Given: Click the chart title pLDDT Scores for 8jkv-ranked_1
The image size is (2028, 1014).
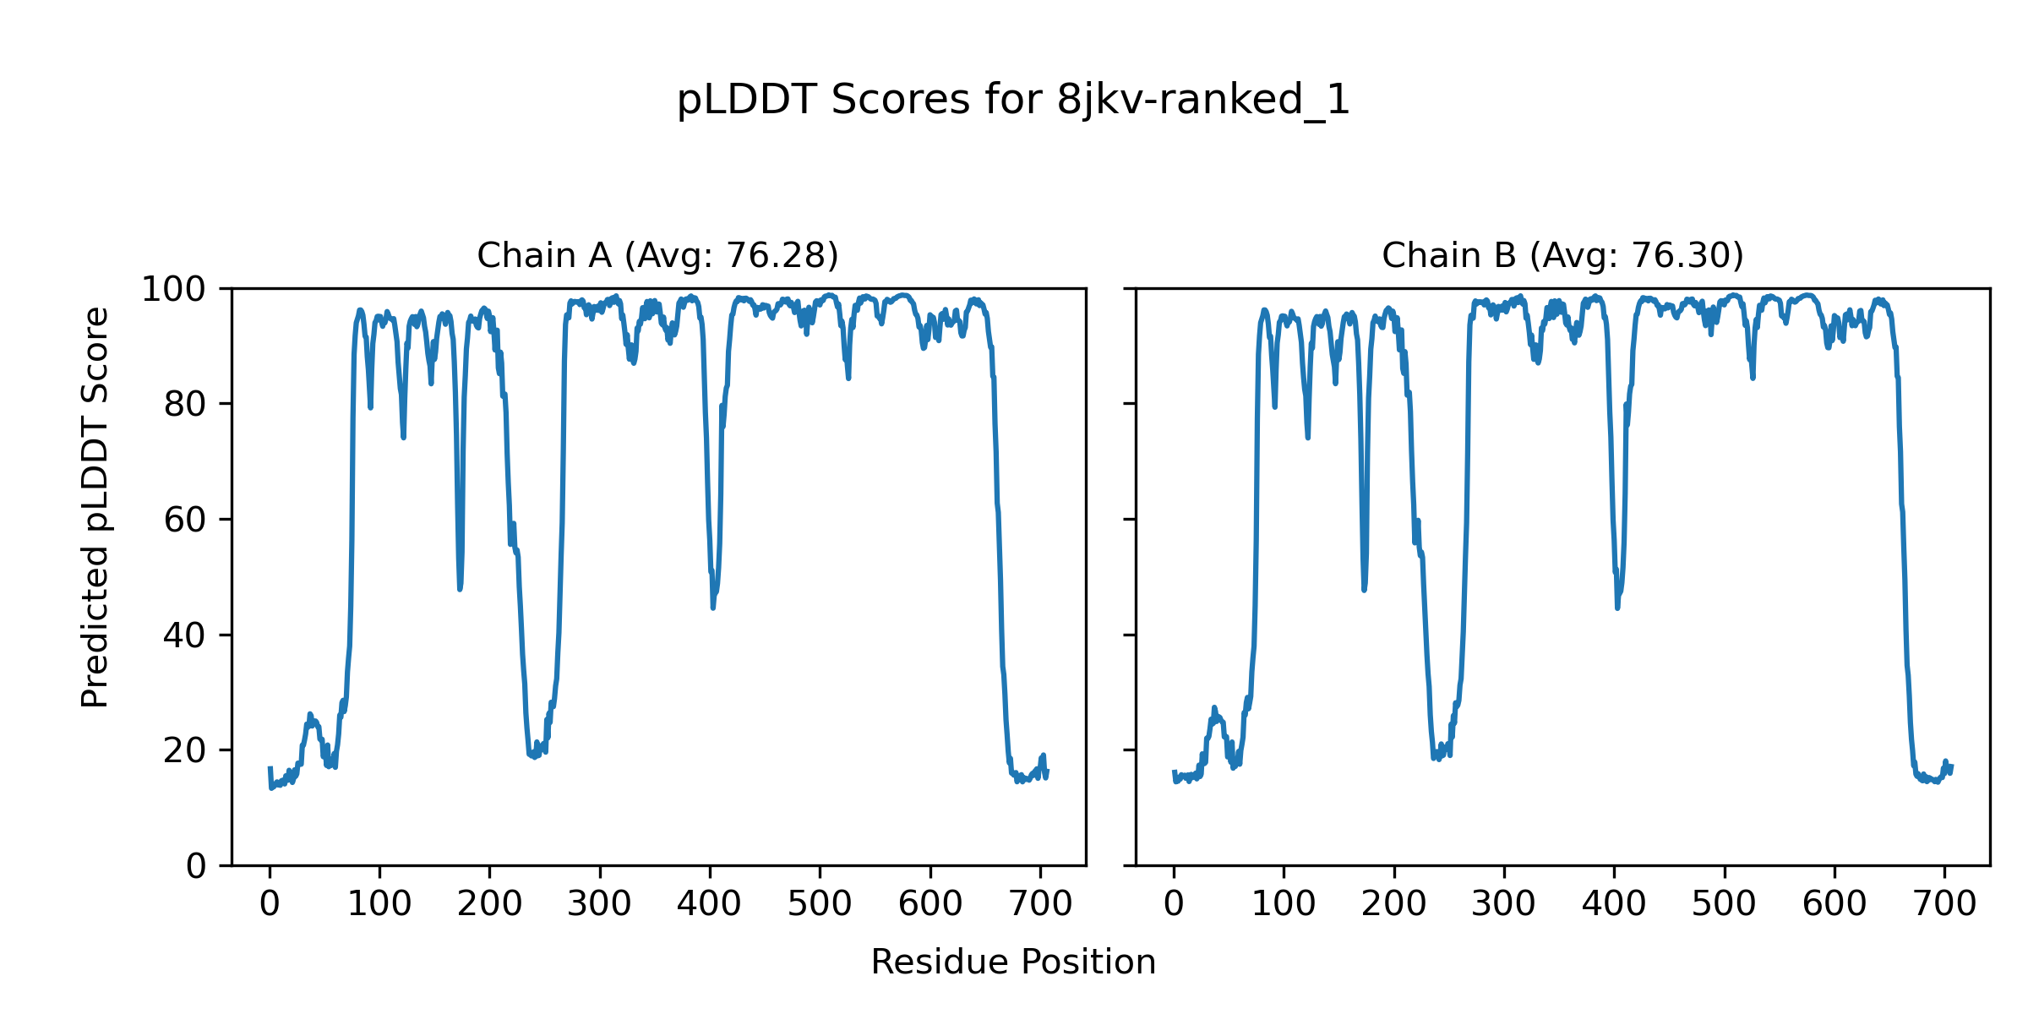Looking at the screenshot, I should tap(1013, 100).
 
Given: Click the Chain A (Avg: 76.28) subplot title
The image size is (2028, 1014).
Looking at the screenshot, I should tap(657, 255).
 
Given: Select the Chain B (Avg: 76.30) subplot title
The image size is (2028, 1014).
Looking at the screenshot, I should tap(1562, 255).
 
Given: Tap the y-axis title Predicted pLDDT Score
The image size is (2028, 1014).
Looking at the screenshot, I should tap(95, 507).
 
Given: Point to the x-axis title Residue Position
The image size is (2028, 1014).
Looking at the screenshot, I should tap(1013, 962).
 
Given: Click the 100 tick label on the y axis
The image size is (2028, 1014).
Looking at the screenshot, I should tap(172, 290).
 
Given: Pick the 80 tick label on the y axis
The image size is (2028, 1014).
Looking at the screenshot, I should tap(185, 405).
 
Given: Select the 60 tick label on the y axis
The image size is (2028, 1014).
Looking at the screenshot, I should tap(185, 520).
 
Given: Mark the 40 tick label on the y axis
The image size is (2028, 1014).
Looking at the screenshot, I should tap(185, 635).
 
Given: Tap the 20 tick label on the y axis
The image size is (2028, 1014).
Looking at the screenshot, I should tap(185, 750).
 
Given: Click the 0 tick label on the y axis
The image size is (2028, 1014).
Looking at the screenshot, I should tap(196, 866).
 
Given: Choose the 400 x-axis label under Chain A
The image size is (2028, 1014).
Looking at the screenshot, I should tap(709, 905).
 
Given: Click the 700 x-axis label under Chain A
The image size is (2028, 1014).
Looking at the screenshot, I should tap(1040, 905).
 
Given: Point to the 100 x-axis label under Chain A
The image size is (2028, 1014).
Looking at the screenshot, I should tap(379, 905).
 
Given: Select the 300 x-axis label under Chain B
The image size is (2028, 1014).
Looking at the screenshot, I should tap(1503, 905).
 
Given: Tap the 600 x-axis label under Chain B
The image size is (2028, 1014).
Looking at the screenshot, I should tap(1834, 905).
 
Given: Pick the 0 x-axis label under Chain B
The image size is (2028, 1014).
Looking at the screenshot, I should tap(1174, 905).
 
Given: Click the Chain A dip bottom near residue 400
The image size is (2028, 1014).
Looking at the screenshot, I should tap(713, 607).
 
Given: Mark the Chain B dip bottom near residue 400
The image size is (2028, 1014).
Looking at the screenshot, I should tap(1617, 607).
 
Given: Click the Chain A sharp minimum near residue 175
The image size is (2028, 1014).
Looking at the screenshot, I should tap(460, 588).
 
